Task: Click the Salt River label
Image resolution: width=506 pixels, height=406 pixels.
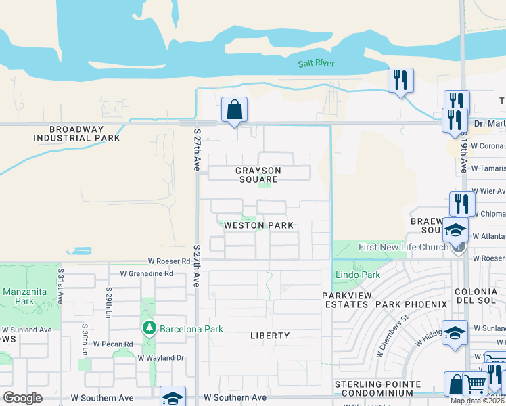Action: tap(317, 64)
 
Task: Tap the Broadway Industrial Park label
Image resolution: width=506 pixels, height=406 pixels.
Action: tap(76, 133)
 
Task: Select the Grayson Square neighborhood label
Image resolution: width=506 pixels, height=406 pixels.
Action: tap(258, 175)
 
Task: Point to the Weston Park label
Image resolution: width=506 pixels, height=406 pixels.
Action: tap(258, 225)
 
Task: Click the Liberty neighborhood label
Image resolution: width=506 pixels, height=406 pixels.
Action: tap(270, 336)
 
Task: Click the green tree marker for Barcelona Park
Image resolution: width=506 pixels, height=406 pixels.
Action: tap(149, 329)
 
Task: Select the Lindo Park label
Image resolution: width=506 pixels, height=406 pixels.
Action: tap(357, 275)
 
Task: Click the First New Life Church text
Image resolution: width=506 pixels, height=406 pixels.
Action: tap(403, 247)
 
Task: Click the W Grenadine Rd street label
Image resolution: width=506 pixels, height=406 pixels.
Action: tap(147, 274)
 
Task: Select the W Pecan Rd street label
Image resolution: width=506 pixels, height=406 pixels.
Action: tap(113, 344)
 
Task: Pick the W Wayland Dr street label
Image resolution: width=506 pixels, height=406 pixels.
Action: tap(160, 357)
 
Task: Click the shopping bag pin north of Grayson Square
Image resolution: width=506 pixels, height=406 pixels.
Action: tap(234, 110)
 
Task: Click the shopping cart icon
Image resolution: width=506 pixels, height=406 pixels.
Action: tap(475, 384)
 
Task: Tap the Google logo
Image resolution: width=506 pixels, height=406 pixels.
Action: tap(22, 398)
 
